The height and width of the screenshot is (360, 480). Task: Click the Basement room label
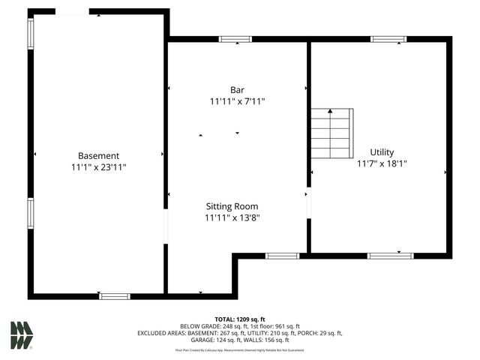99,156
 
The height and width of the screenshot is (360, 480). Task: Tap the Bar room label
237,90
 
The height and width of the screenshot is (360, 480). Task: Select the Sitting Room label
232,206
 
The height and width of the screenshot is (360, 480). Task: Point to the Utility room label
382,152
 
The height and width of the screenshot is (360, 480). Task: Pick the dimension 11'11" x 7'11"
237,101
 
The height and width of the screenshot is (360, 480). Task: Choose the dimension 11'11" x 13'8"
232,218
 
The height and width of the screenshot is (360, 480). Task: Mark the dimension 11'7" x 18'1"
382,163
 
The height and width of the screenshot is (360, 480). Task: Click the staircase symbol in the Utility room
331,133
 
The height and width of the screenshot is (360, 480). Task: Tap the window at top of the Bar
235,39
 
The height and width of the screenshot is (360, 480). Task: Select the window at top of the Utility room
388,39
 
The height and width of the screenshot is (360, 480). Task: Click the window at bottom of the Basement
115,296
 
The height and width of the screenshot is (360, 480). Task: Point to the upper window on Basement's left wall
31,33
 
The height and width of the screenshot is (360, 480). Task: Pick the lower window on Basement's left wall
31,212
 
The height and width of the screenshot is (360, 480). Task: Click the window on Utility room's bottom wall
390,256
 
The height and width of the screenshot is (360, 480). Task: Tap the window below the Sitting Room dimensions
283,256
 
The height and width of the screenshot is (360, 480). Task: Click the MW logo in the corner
22,335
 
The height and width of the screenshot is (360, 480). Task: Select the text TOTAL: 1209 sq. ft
240,319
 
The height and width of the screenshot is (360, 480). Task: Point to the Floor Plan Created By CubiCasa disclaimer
240,349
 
